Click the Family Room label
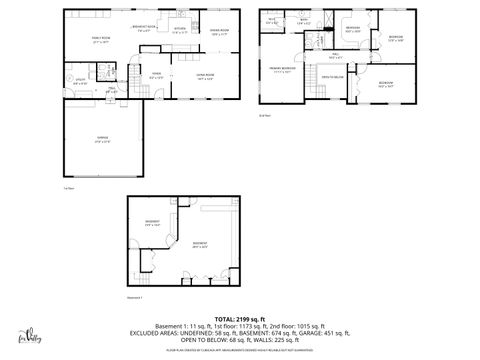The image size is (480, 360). click(x=99, y=42)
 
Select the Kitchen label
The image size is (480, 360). click(x=180, y=31)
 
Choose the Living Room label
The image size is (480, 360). click(x=205, y=77)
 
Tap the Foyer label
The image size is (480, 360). click(x=157, y=76)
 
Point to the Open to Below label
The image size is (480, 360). click(x=332, y=77)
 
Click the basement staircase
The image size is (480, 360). click(x=152, y=262)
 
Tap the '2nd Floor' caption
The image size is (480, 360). click(x=265, y=116)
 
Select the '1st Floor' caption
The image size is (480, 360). click(x=69, y=187)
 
